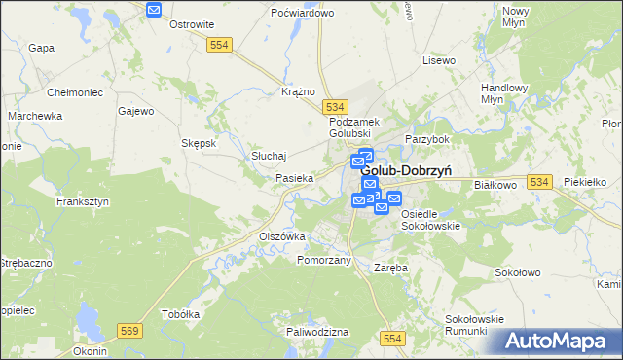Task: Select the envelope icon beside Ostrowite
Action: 154,9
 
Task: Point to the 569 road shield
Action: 128,332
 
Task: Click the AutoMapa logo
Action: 561,342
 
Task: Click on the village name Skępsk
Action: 199,142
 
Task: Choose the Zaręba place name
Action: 391,267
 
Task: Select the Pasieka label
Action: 294,178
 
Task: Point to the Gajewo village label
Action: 136,111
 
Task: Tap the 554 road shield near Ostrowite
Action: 218,45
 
